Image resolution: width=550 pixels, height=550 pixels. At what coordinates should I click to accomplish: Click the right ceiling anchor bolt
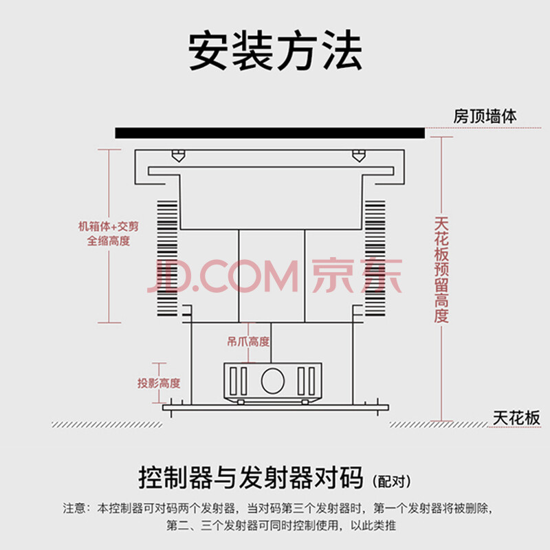pyautogui.click(x=358, y=155)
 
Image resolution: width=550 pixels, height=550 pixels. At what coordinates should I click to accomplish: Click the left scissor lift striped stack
pyautogui.click(x=166, y=254)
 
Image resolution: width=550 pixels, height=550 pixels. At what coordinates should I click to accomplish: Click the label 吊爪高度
pyautogui.click(x=248, y=341)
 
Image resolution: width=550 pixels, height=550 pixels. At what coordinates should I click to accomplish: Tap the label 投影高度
pyautogui.click(x=159, y=383)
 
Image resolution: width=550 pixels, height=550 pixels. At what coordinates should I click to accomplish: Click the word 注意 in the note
pyautogui.click(x=75, y=509)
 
